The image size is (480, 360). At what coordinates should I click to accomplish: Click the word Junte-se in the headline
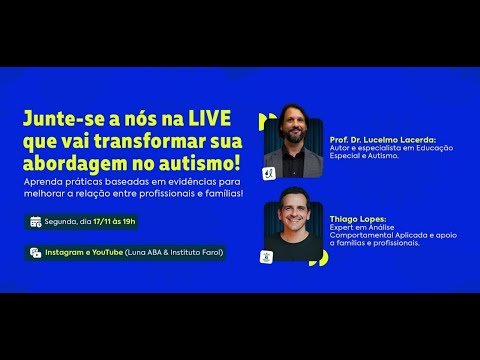[x=61, y=118]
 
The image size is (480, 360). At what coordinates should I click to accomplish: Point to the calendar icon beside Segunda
[x=36, y=221]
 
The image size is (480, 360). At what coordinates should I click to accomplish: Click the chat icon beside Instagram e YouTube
[x=36, y=252]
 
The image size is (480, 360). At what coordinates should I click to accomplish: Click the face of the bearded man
[x=291, y=137]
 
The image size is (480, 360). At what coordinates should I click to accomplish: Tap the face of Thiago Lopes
[x=291, y=211]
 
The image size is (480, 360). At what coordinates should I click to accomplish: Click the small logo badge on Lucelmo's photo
[x=269, y=172]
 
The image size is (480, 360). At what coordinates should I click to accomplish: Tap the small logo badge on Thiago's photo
[x=269, y=256]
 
